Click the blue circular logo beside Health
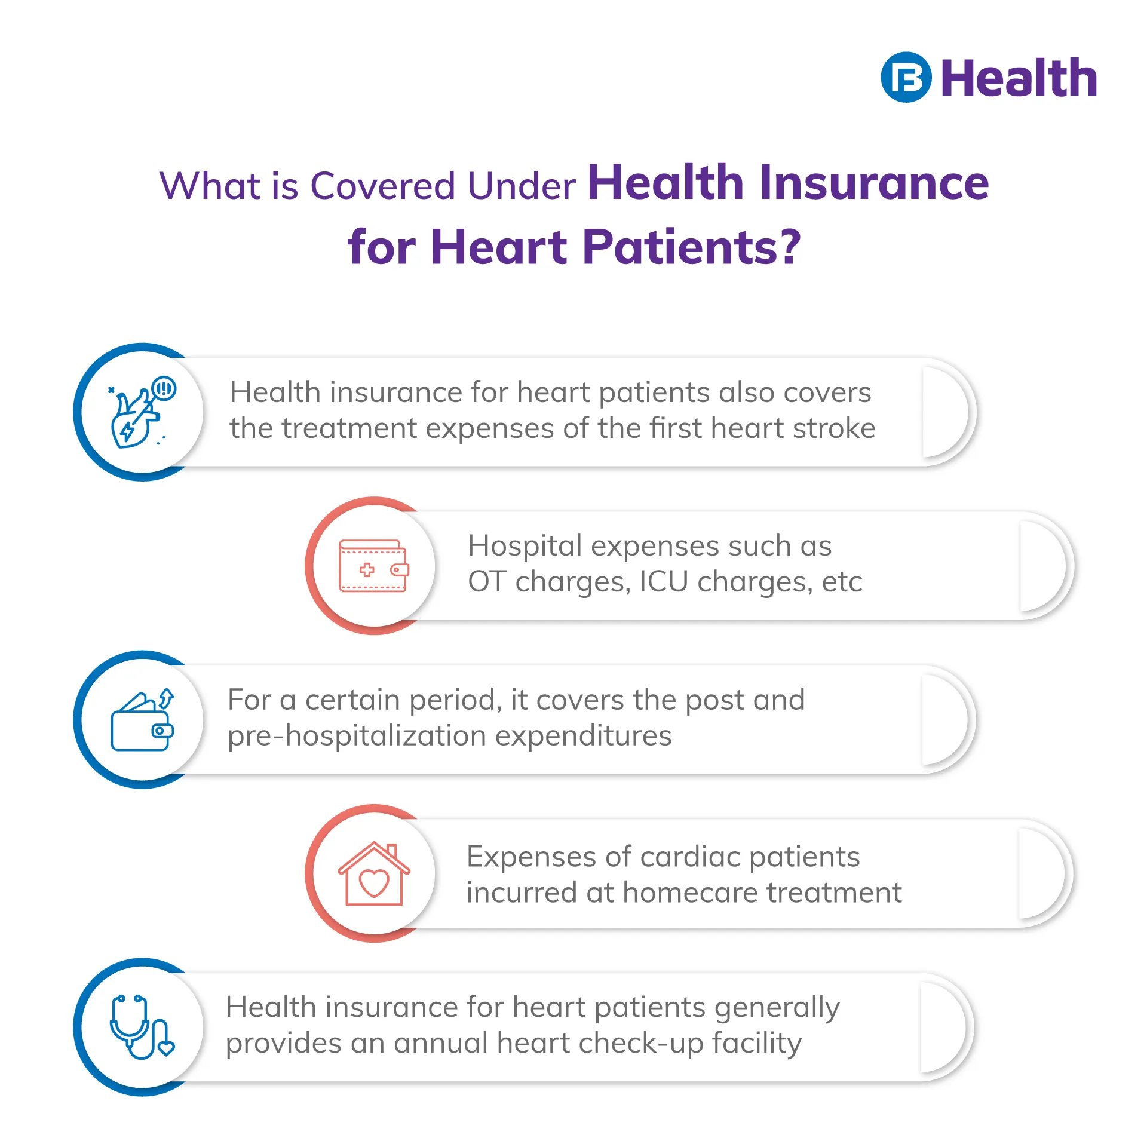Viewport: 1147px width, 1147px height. [x=906, y=78]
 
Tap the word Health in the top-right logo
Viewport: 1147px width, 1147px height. [x=1019, y=78]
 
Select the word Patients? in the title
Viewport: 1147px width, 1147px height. [x=691, y=247]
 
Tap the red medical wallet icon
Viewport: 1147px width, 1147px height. [x=374, y=566]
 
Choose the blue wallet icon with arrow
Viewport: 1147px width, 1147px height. [x=142, y=719]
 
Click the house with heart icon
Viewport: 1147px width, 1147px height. [x=374, y=873]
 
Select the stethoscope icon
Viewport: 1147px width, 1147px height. [x=142, y=1028]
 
